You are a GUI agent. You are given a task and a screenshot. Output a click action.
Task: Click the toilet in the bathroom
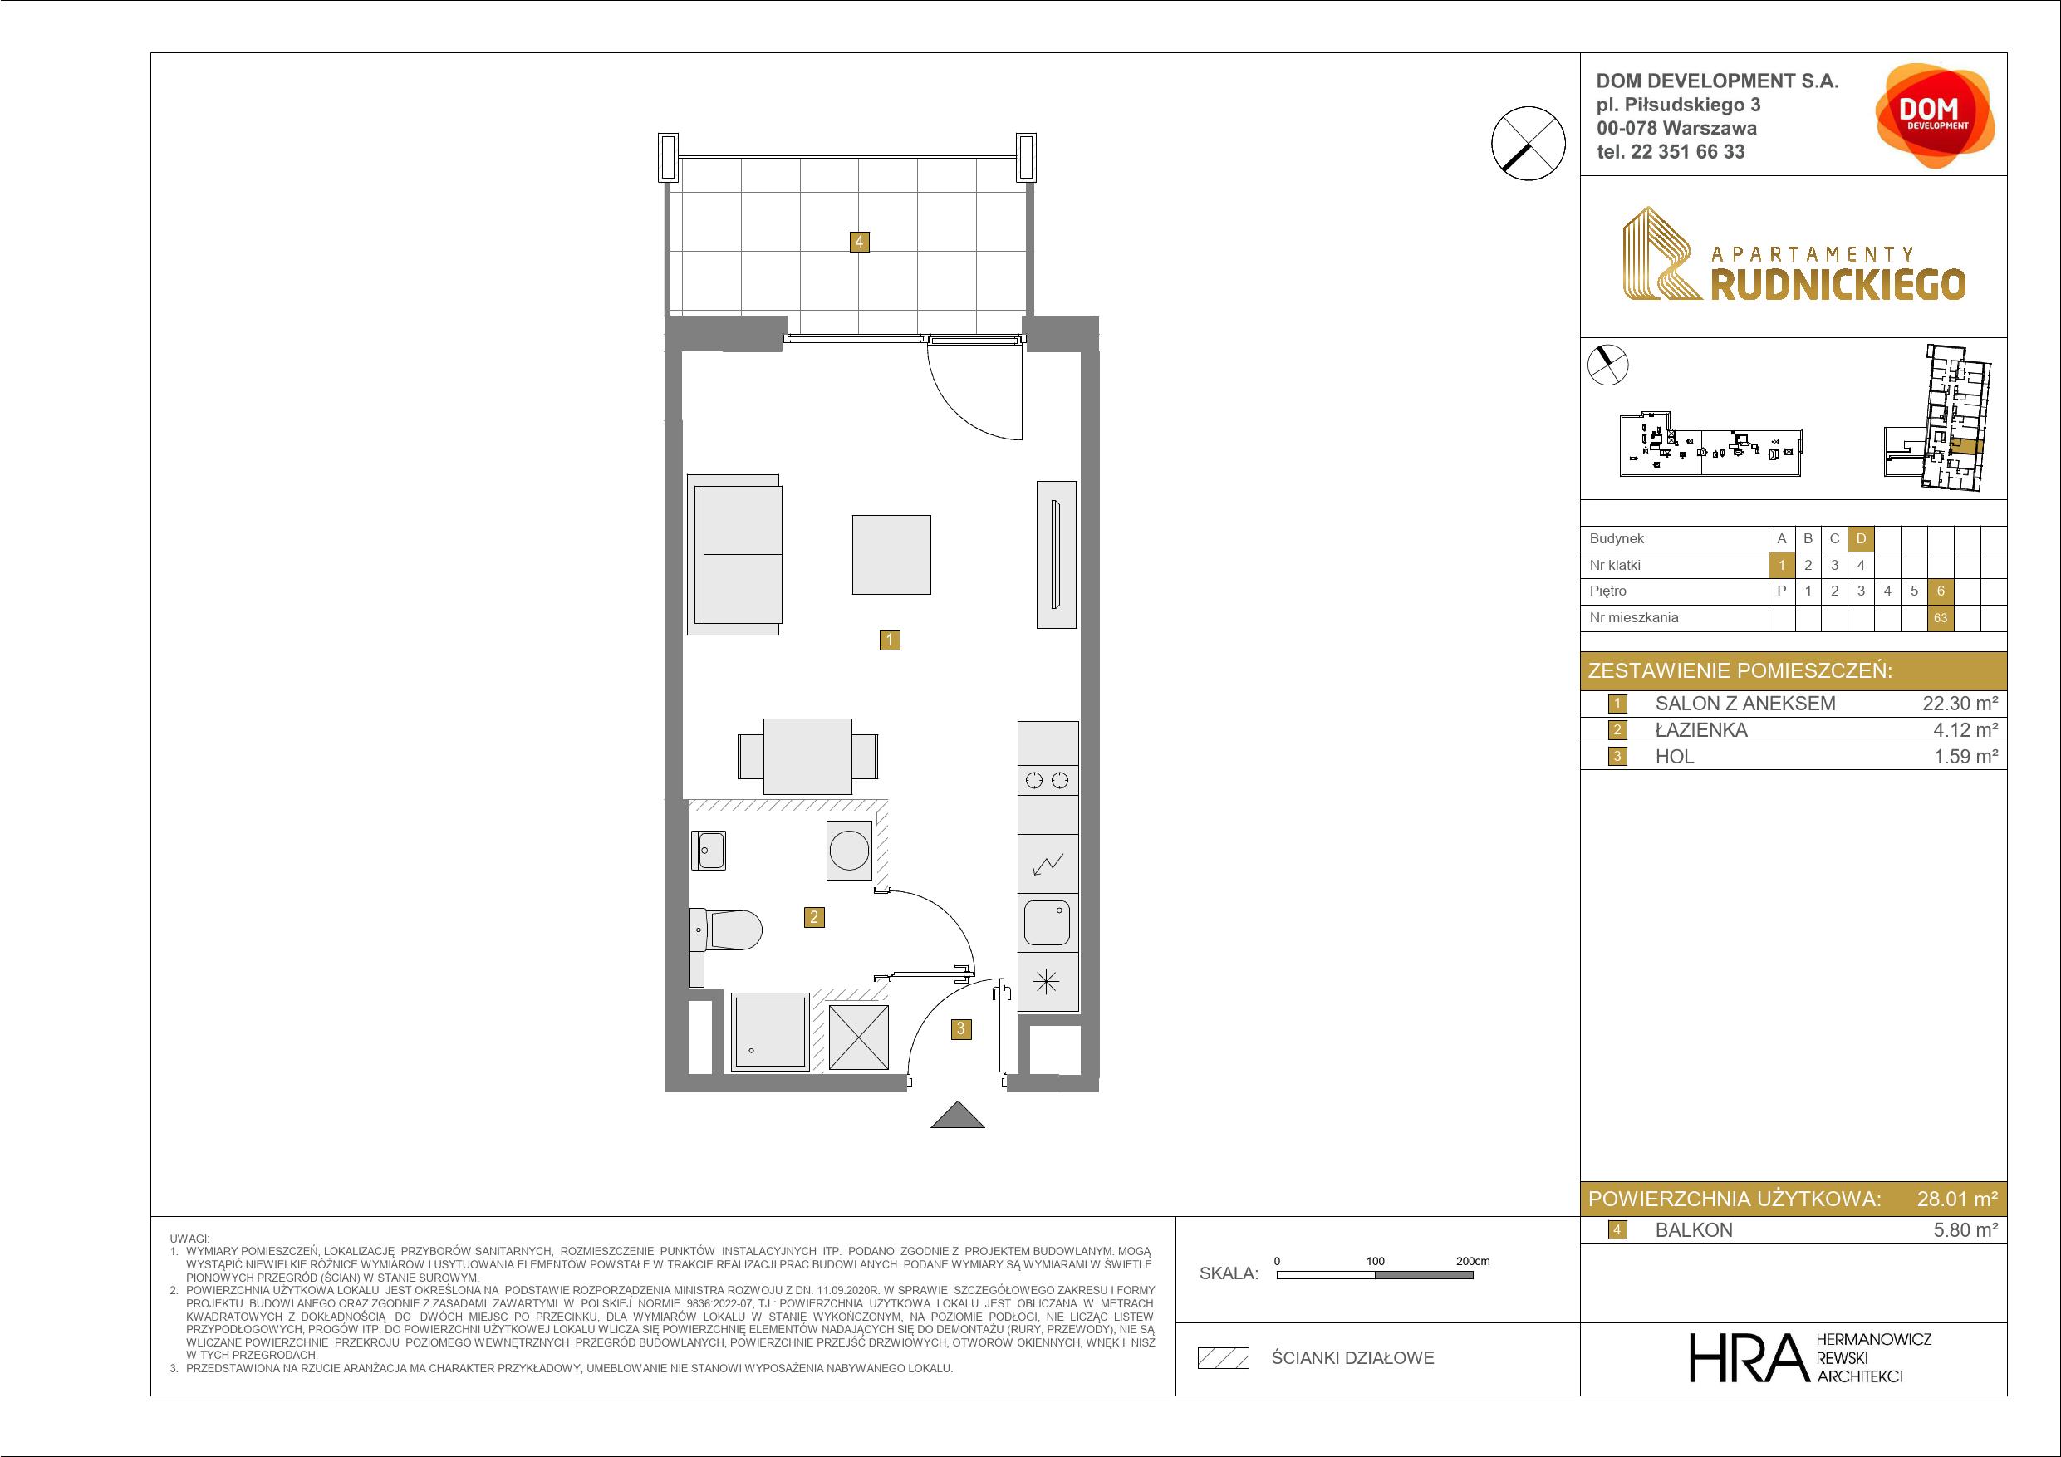[727, 930]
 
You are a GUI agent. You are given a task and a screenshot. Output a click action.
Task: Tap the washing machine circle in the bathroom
[849, 849]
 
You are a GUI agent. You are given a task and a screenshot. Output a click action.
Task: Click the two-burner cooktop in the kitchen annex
[1048, 780]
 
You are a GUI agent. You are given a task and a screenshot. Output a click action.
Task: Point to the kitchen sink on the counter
[1047, 922]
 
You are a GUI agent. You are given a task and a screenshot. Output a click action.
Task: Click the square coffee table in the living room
[891, 554]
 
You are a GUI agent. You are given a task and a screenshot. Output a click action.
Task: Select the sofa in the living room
[734, 554]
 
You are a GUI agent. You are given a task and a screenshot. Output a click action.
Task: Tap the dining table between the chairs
[807, 756]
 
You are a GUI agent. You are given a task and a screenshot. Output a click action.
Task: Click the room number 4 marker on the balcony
[859, 241]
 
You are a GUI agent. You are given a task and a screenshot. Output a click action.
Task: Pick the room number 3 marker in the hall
[960, 1028]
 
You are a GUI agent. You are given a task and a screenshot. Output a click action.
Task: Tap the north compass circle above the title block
[1528, 143]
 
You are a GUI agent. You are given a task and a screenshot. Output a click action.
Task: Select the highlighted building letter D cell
[1861, 538]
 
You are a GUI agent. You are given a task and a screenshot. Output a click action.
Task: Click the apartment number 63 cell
[1941, 618]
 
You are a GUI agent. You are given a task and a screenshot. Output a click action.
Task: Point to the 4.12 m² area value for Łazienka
[1965, 730]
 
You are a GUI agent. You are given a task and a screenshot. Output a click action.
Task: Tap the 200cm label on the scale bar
[1472, 1261]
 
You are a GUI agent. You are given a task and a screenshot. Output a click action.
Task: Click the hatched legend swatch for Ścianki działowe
[1224, 1358]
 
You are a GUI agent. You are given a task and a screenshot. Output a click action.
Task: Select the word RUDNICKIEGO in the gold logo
[1838, 285]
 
